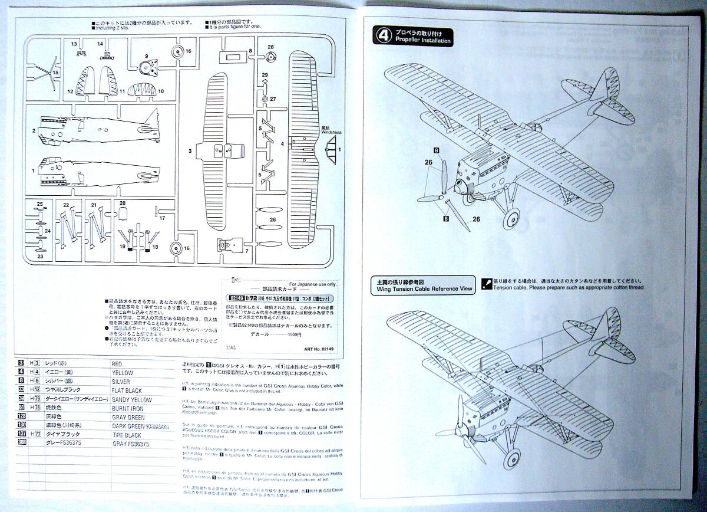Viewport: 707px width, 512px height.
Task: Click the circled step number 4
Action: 381,36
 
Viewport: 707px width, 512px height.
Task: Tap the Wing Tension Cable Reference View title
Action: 422,289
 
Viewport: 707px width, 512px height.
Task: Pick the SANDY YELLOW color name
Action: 131,399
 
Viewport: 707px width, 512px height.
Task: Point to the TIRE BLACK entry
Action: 128,434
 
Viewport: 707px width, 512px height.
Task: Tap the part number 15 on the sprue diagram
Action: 56,73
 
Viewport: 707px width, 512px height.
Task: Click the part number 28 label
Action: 270,47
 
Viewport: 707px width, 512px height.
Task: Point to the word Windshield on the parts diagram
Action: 332,133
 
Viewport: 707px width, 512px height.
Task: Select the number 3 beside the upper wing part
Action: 190,152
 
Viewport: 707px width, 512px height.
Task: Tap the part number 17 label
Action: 162,218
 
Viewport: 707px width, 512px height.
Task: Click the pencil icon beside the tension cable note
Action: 486,284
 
